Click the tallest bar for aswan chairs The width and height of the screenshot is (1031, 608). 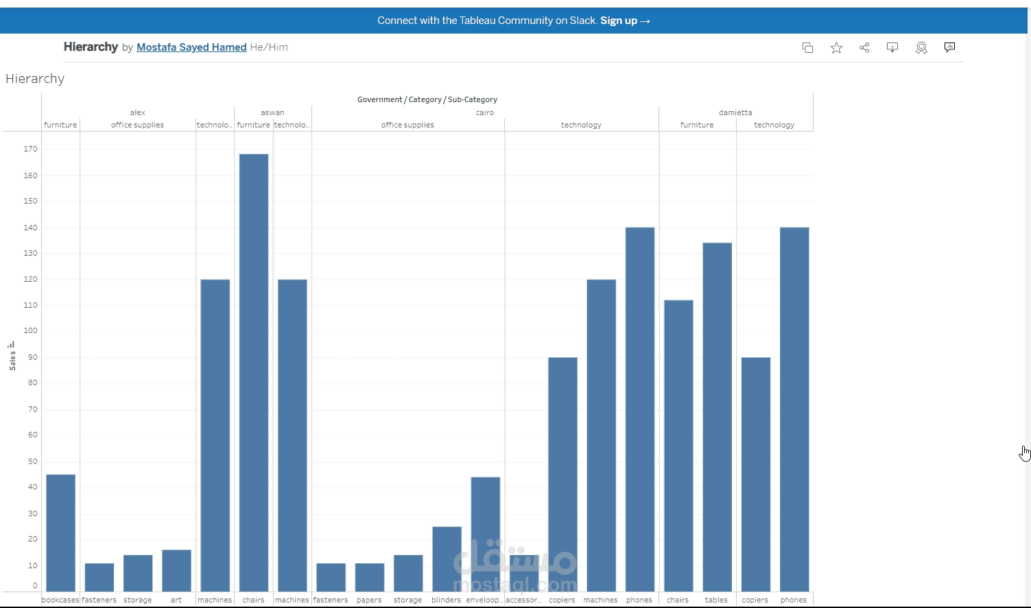pos(254,370)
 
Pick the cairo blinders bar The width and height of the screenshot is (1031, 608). pos(447,559)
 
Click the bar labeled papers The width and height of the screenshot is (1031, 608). pos(370,577)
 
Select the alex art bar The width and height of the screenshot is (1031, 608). pos(176,570)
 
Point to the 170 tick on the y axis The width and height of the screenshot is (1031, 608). pos(30,149)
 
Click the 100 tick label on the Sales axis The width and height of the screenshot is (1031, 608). pos(30,330)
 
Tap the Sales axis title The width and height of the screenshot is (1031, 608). pos(12,359)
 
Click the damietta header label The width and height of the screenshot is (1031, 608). pos(735,112)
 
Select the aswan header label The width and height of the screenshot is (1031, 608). pos(272,112)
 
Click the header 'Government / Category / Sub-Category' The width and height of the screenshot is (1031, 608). pos(427,99)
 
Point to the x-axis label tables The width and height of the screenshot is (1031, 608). pos(716,600)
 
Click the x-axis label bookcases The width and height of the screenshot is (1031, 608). pos(60,600)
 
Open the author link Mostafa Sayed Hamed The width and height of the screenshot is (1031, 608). pos(191,47)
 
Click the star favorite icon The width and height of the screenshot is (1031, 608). pos(836,47)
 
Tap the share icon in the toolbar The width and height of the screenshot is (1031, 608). pos(864,47)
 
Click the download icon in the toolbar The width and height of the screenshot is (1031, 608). pos(892,47)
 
